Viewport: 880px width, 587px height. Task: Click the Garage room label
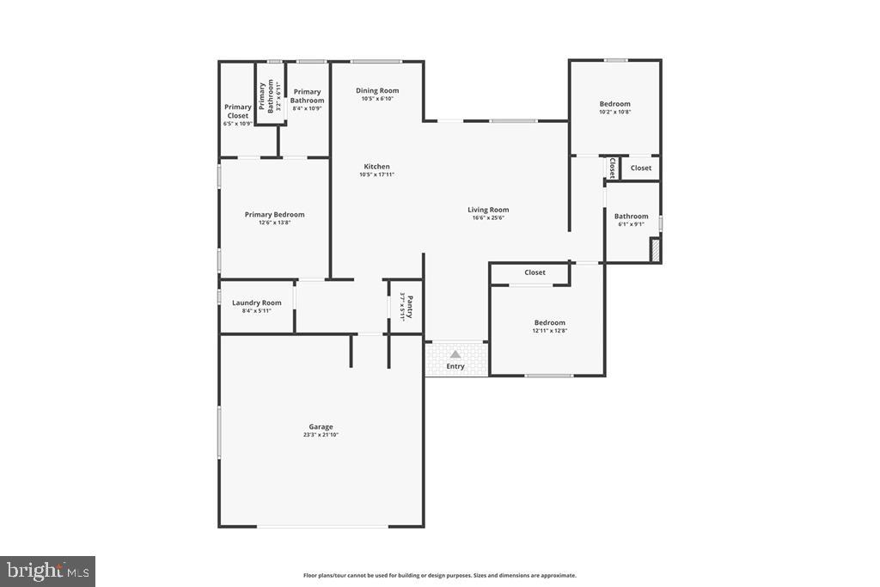[321, 426]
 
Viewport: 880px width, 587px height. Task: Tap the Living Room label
[488, 210]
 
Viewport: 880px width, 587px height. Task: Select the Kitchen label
[376, 167]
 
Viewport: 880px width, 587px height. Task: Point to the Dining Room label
[377, 90]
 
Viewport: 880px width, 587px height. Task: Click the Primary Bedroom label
[274, 215]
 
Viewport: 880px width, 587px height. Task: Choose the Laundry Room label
[256, 303]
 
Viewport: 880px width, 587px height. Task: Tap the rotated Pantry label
[410, 306]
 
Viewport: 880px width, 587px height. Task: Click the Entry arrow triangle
[455, 353]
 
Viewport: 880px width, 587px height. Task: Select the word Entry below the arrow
[455, 366]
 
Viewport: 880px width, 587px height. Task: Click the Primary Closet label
[238, 112]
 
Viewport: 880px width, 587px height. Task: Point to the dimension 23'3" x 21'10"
[321, 435]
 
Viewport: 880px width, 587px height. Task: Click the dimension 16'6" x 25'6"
[488, 218]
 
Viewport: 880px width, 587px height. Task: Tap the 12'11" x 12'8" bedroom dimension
[549, 331]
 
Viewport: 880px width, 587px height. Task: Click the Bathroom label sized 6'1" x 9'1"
[631, 217]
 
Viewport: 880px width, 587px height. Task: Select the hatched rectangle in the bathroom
[655, 249]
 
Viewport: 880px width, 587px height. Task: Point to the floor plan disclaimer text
[439, 576]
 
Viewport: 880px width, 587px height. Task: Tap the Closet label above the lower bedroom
[535, 272]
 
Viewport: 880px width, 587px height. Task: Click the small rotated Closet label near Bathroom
[612, 168]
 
